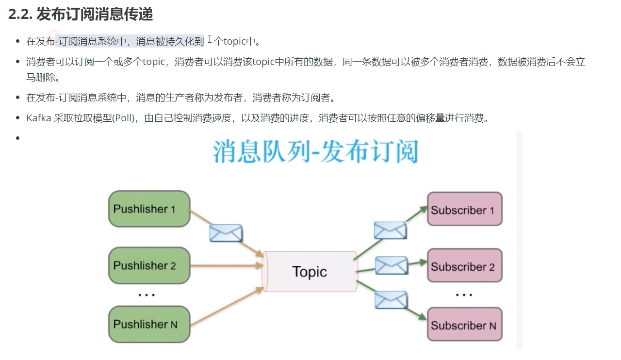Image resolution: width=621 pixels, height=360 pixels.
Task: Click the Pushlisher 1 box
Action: pos(149,209)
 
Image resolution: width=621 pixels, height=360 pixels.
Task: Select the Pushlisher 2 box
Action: pos(149,266)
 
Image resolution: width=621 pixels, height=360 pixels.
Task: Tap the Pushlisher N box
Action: pos(149,324)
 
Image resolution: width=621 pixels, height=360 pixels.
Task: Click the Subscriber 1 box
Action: pos(464,210)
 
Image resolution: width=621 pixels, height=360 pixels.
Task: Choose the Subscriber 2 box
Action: pos(464,266)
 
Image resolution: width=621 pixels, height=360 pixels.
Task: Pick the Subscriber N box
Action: pos(464,325)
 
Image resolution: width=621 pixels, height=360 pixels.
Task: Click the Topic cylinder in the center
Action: pos(310,272)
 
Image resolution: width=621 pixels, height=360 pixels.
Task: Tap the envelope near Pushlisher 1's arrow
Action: pos(226,233)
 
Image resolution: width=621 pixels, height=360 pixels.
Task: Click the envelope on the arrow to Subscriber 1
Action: pos(390,230)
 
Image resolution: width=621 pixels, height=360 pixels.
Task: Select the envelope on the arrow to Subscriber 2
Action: pos(392,265)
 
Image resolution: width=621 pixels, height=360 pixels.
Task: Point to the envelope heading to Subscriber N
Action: pos(391,299)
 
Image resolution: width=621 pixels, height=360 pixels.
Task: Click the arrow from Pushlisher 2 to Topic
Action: pos(226,266)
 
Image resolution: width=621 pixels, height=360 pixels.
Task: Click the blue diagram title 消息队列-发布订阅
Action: pos(315,152)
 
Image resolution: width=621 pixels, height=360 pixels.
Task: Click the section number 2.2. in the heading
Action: pos(20,15)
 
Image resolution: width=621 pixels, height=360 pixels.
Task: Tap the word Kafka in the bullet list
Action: pos(39,118)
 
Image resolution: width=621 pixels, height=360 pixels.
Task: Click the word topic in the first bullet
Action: pos(235,41)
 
